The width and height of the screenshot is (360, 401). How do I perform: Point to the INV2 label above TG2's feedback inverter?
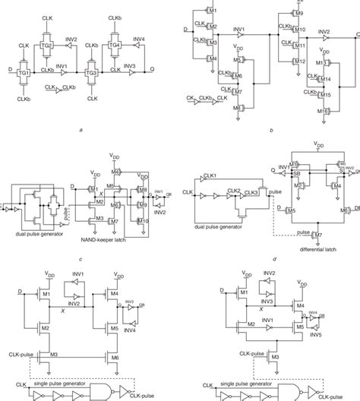tap(72, 37)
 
